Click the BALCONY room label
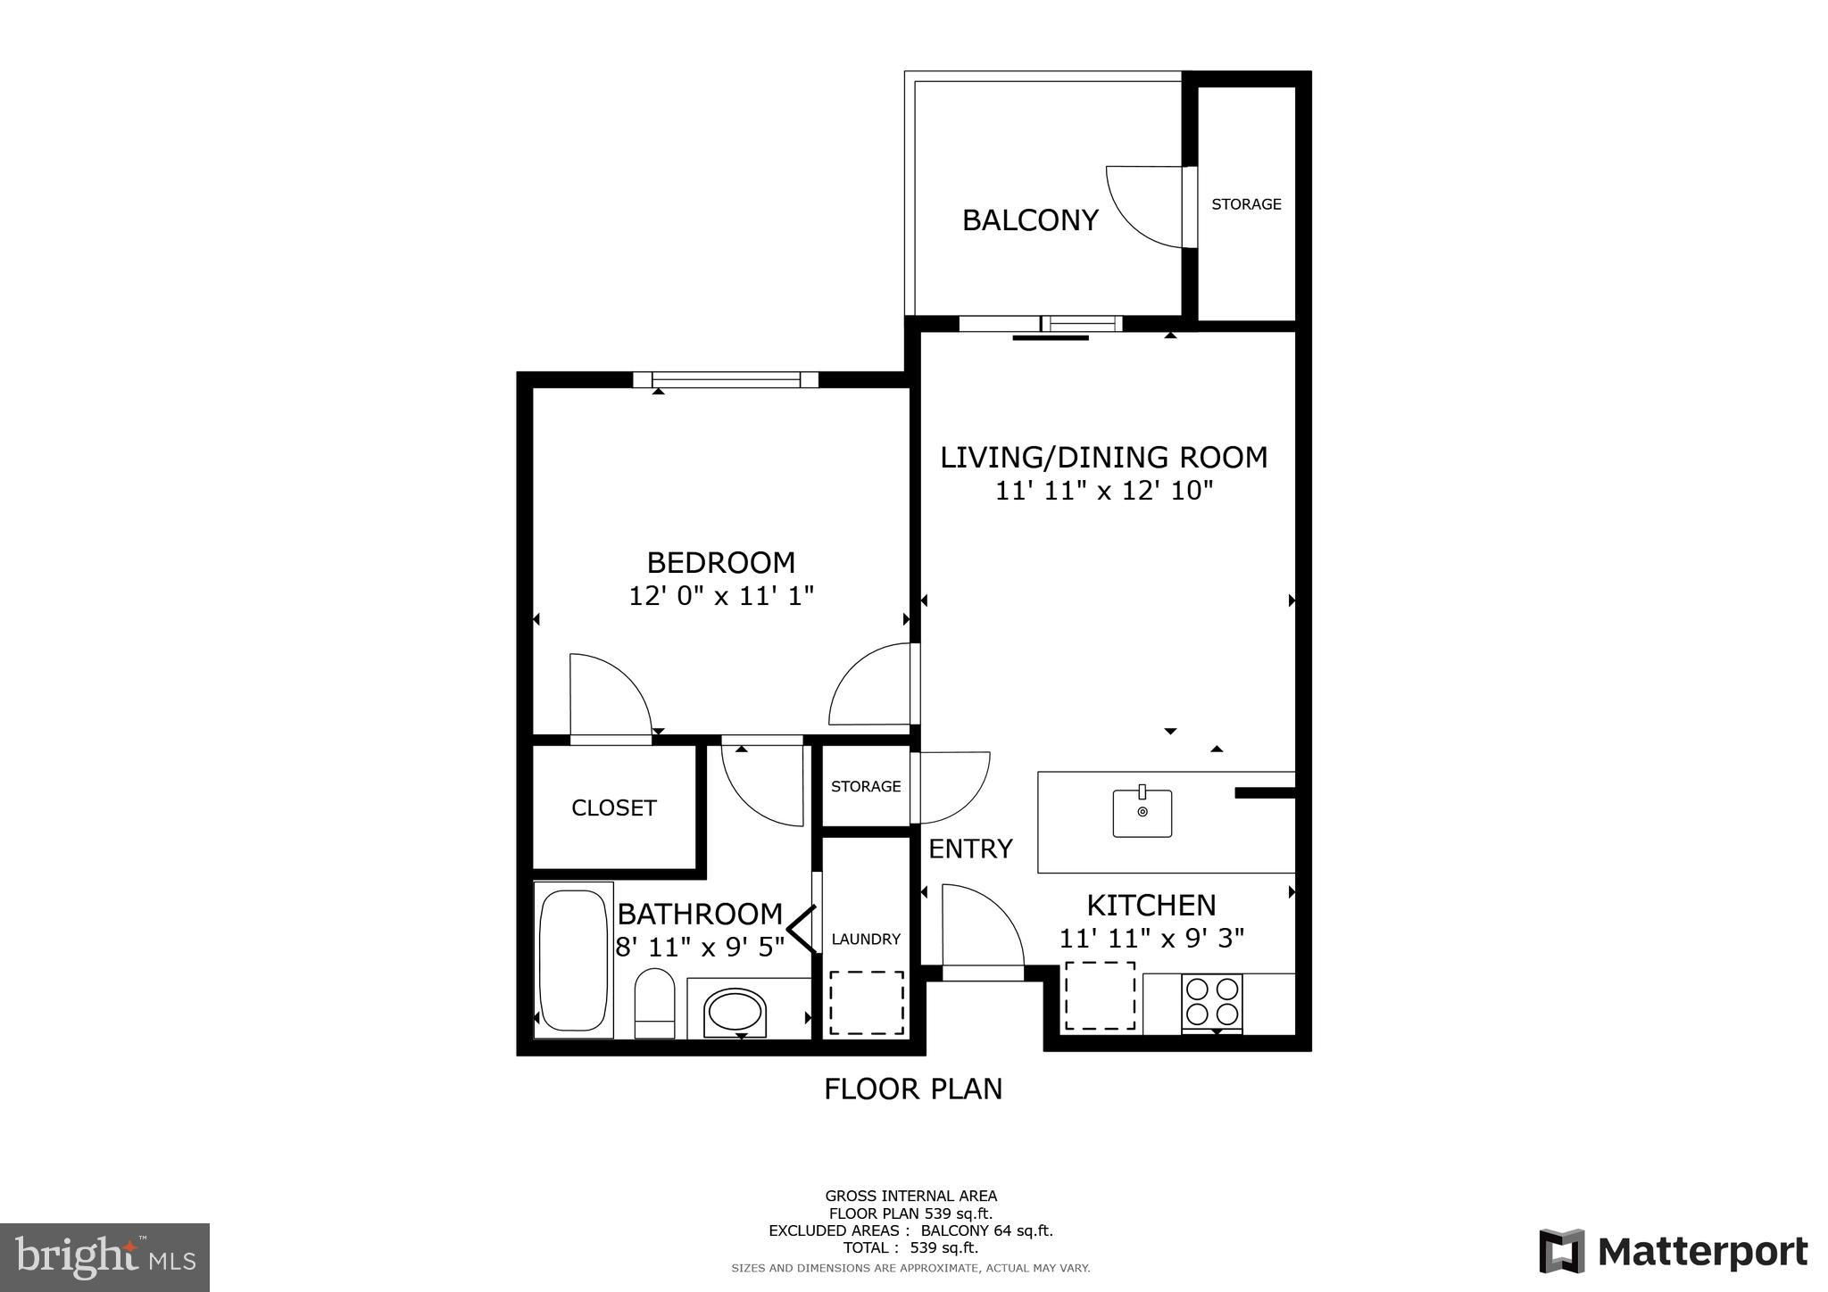(x=1030, y=220)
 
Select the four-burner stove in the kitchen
(x=1211, y=1003)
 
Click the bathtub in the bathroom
(x=573, y=959)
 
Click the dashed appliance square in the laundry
(x=867, y=1003)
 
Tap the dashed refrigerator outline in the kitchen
(x=1100, y=995)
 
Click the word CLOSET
(x=614, y=808)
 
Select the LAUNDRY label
(x=866, y=940)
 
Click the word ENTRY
(x=970, y=849)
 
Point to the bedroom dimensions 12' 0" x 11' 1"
(x=721, y=595)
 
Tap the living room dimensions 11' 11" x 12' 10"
(x=1104, y=491)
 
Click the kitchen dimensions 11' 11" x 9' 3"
(x=1151, y=939)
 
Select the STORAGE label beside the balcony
(x=1246, y=204)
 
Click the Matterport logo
(x=1673, y=1252)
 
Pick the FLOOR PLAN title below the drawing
(x=913, y=1089)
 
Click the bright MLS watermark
(x=105, y=1257)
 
